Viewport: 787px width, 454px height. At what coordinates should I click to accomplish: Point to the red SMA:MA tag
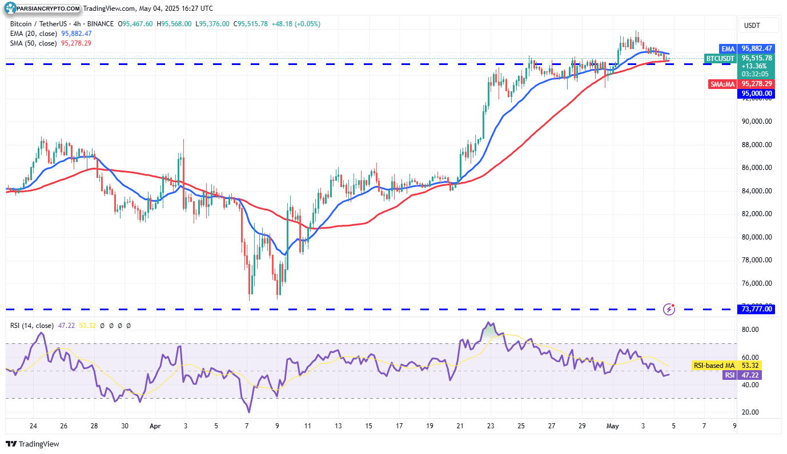723,84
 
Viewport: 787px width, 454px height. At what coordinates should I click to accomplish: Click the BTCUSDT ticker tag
721,58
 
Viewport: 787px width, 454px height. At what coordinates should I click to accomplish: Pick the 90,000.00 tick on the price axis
757,121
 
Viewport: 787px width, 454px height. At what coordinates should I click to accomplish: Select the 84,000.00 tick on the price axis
757,191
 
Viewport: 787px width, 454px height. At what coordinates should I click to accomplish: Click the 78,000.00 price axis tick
757,260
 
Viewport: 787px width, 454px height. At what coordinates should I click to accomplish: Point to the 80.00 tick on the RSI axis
750,330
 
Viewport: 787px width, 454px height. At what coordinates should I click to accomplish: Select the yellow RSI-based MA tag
714,365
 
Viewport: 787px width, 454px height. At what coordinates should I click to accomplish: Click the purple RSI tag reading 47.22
729,375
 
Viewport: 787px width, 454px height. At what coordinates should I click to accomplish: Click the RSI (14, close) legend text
32,326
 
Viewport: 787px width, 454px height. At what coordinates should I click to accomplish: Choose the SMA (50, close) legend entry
33,43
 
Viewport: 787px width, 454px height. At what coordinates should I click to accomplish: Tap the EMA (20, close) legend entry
33,34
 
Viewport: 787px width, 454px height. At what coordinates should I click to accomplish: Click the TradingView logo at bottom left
33,444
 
